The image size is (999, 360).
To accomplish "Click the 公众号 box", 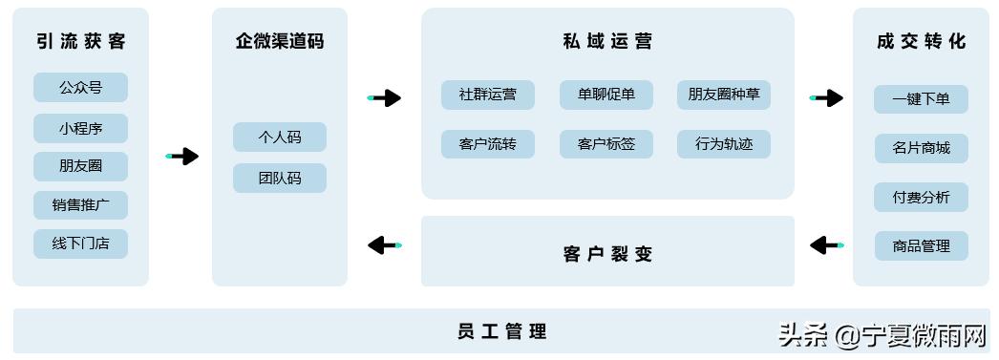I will pyautogui.click(x=80, y=88).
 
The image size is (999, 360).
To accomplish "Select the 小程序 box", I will pyautogui.click(x=80, y=128).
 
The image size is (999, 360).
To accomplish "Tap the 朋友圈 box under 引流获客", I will pyautogui.click(x=80, y=166).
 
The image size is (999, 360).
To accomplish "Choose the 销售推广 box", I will pyautogui.click(x=80, y=205).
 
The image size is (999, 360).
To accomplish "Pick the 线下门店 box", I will pyautogui.click(x=80, y=244).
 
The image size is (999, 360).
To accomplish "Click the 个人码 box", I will pyautogui.click(x=279, y=138).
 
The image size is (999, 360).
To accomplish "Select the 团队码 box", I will pyautogui.click(x=279, y=179).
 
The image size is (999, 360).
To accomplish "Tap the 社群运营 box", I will pyautogui.click(x=487, y=95).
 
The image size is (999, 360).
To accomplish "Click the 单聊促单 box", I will pyautogui.click(x=606, y=95).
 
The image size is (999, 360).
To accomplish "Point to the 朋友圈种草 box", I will pyautogui.click(x=723, y=95).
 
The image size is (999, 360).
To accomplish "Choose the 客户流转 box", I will pyautogui.click(x=487, y=144).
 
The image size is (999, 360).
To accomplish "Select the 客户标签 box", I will pyautogui.click(x=606, y=144).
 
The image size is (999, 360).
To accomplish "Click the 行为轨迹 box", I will pyautogui.click(x=723, y=144).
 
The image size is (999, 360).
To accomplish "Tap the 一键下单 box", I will pyautogui.click(x=921, y=99).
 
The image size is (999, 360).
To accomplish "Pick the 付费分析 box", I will pyautogui.click(x=921, y=198).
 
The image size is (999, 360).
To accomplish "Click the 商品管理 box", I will pyautogui.click(x=921, y=246).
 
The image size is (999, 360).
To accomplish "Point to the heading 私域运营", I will pyautogui.click(x=606, y=41).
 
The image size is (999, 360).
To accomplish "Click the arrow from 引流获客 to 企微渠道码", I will pyautogui.click(x=182, y=156).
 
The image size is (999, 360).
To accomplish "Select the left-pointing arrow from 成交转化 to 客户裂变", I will pyautogui.click(x=826, y=245).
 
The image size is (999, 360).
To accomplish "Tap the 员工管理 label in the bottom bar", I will pyautogui.click(x=501, y=332).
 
